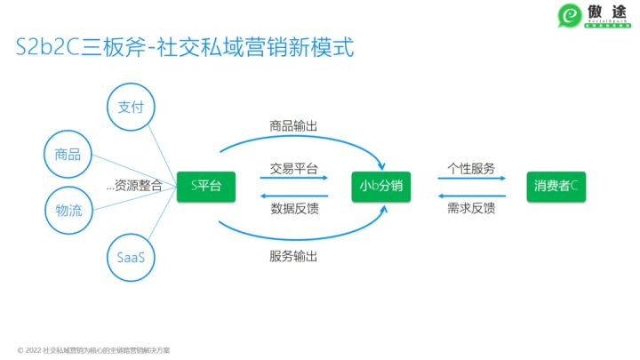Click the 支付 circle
(131, 108)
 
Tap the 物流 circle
(68, 211)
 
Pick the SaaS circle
(131, 257)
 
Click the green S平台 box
(201, 185)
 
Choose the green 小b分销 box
(384, 185)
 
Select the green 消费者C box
(556, 185)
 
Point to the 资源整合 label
(135, 186)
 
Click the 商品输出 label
(293, 125)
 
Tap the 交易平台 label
(293, 168)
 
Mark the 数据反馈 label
(293, 210)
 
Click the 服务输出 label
(293, 257)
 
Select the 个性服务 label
(471, 168)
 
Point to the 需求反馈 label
(471, 210)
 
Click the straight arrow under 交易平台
(293, 180)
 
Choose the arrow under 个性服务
(471, 180)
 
